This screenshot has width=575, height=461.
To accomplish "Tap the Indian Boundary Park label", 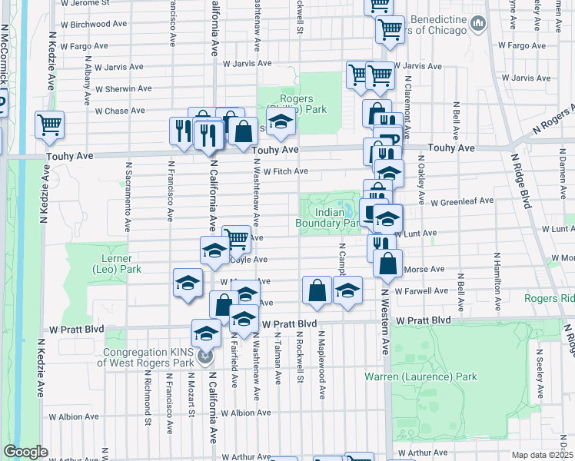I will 328,217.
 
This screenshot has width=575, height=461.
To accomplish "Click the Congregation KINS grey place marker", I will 204,356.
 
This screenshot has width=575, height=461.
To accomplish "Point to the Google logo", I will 25,452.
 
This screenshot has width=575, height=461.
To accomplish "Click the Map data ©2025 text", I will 543,455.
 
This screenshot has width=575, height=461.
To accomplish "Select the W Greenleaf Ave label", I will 461,202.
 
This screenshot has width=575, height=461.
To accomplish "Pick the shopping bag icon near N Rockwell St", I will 317,290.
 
